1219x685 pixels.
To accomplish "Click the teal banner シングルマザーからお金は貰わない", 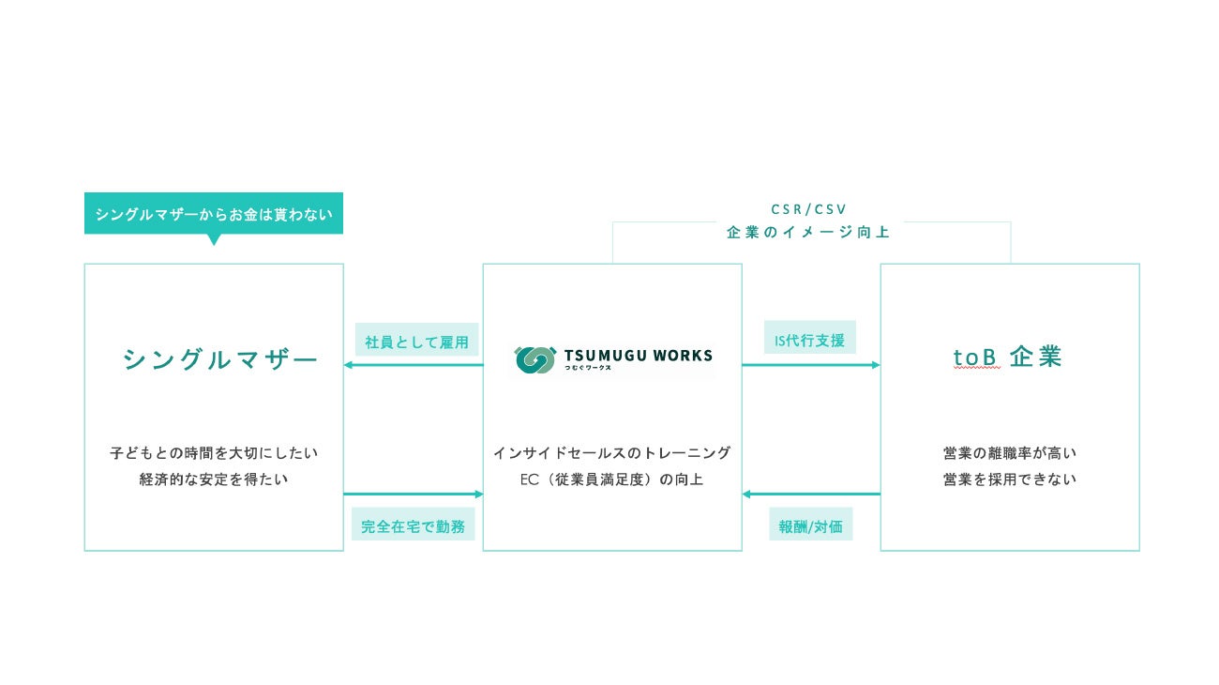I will click(214, 213).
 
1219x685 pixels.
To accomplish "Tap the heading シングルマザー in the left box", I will click(220, 359).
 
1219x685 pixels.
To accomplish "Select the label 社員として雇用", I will click(416, 342).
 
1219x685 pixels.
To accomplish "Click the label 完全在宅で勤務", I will click(414, 526).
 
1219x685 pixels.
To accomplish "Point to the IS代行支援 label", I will click(809, 339).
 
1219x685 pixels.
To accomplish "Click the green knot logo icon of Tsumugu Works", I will click(534, 359).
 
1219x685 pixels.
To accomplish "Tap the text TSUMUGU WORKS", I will click(638, 356).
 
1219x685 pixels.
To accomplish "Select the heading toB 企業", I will click(1008, 358).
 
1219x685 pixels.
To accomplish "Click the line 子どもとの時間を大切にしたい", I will click(214, 453).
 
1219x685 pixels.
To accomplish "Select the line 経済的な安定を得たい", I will click(214, 479).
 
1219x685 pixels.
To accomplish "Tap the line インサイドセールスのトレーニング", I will click(611, 453).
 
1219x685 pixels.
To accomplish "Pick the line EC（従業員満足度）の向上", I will click(611, 479).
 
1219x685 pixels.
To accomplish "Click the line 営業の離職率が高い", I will click(1010, 453).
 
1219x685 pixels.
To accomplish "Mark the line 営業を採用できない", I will click(1010, 479).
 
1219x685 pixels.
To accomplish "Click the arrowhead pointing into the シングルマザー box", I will click(348, 365).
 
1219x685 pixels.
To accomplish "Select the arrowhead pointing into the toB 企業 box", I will click(876, 365).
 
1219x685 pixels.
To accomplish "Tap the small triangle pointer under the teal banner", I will click(214, 239).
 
